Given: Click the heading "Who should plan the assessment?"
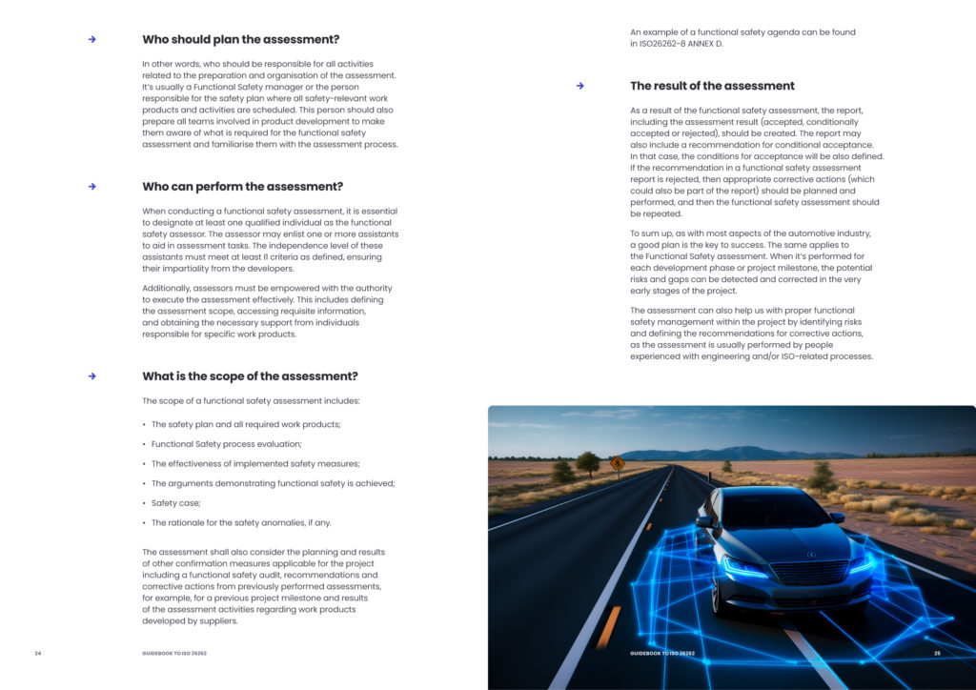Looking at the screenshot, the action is pos(240,39).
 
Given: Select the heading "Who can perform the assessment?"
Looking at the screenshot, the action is pos(242,187).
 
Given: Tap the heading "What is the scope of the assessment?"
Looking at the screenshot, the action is pos(250,376).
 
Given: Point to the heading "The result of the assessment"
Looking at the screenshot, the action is pos(712,86).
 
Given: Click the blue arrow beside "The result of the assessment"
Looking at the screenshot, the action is pos(579,86).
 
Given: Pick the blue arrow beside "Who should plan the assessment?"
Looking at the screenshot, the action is pos(92,39).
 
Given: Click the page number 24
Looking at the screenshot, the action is pos(38,653).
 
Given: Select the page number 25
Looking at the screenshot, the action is pos(937,653).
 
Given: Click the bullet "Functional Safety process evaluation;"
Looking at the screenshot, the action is pos(226,444).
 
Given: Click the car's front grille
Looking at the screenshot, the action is pos(808,572).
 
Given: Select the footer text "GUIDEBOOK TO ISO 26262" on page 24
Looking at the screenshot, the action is pos(174,653).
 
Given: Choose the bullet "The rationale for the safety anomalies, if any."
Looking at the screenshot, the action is pos(241,523).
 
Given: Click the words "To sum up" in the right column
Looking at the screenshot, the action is pos(652,233).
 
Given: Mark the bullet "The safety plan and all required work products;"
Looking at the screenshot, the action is pos(246,424).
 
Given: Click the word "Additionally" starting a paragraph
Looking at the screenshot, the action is pos(167,289).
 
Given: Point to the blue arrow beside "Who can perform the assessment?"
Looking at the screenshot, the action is pos(92,187).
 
